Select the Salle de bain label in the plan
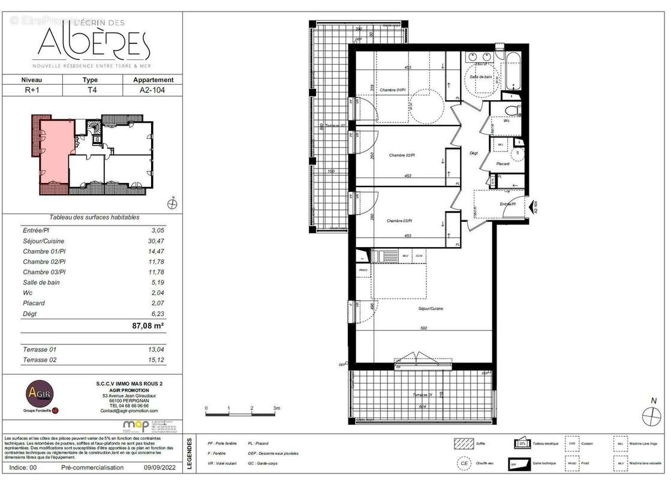click(x=482, y=77)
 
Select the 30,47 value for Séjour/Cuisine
click(x=155, y=241)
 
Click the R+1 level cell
click(x=32, y=91)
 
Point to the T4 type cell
click(x=90, y=91)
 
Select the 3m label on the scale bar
click(x=276, y=408)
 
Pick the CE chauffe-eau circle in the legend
click(x=463, y=463)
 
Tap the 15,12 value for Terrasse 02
click(x=155, y=360)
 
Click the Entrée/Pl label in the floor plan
click(x=509, y=204)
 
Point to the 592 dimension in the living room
click(x=423, y=328)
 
